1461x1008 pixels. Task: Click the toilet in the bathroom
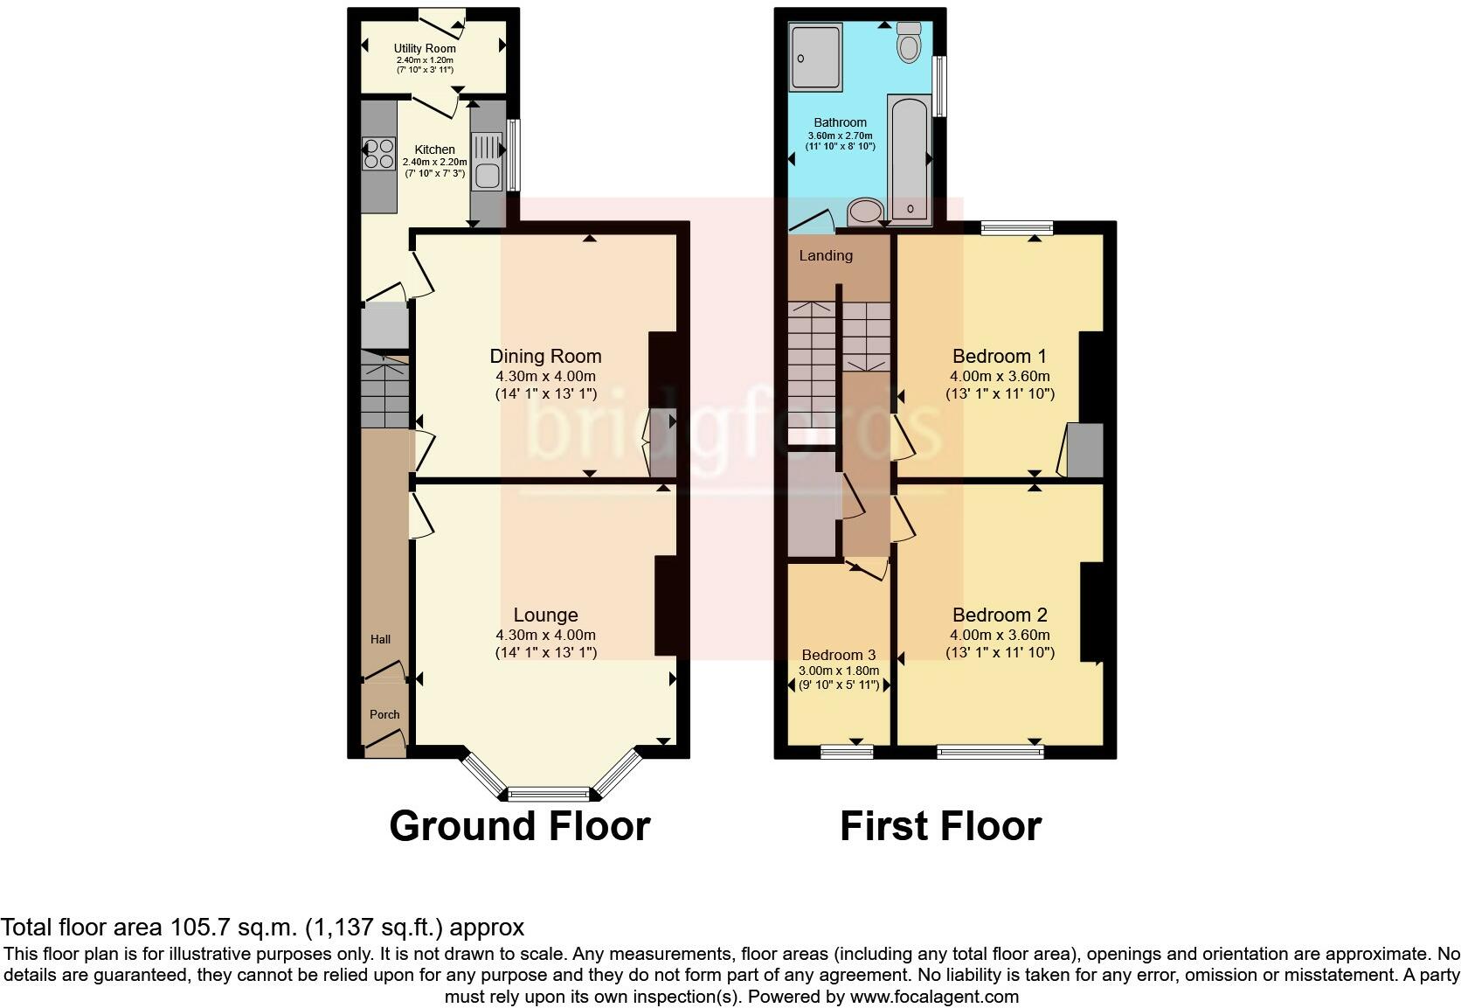(x=909, y=42)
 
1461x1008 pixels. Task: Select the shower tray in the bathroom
(x=816, y=58)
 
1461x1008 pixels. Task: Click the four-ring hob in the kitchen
(x=379, y=155)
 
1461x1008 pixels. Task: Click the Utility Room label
(x=425, y=48)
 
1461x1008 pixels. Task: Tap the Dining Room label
(x=545, y=356)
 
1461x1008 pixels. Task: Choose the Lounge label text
(x=545, y=615)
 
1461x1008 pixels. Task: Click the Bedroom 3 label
(x=838, y=655)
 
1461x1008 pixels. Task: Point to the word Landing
(x=826, y=255)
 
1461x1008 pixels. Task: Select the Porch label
(x=384, y=714)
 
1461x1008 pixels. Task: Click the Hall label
(x=380, y=639)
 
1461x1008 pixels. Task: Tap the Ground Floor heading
(x=519, y=825)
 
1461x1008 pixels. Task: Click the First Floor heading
(x=940, y=825)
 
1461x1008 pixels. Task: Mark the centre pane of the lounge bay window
(x=549, y=794)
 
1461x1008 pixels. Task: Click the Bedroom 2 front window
(x=990, y=750)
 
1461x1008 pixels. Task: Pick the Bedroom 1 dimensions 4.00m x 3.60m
(x=1000, y=376)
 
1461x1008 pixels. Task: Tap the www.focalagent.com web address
(x=933, y=997)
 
